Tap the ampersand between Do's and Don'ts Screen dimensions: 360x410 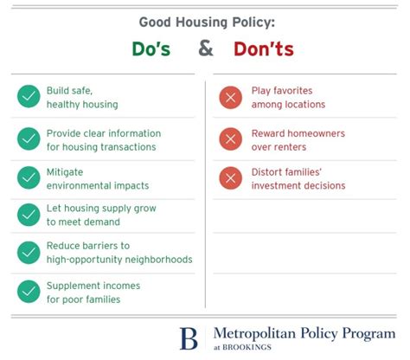click(206, 48)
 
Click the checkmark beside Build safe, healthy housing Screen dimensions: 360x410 click(29, 97)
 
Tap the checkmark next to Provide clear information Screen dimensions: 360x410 click(29, 139)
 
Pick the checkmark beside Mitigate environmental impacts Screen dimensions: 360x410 click(29, 178)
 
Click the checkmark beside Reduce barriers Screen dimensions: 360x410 click(29, 253)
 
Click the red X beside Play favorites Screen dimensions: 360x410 click(231, 97)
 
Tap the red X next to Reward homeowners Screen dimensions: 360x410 click(231, 139)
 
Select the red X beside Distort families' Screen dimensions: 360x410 click(231, 178)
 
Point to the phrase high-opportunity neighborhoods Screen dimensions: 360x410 click(119, 260)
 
